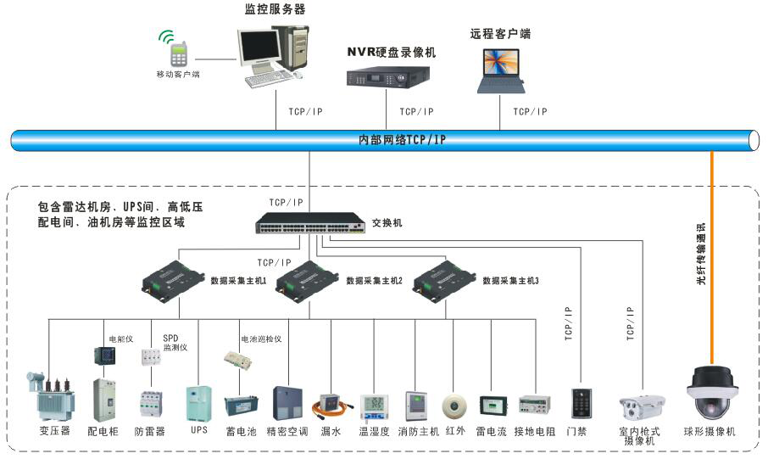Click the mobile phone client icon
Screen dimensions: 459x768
click(x=179, y=53)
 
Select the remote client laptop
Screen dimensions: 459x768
click(x=502, y=71)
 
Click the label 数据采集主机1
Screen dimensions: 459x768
click(x=238, y=280)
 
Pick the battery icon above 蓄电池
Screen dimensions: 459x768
click(x=241, y=407)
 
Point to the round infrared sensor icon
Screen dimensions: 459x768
click(x=456, y=406)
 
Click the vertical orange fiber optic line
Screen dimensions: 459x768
click(x=713, y=255)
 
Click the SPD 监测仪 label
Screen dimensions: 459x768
click(x=175, y=343)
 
